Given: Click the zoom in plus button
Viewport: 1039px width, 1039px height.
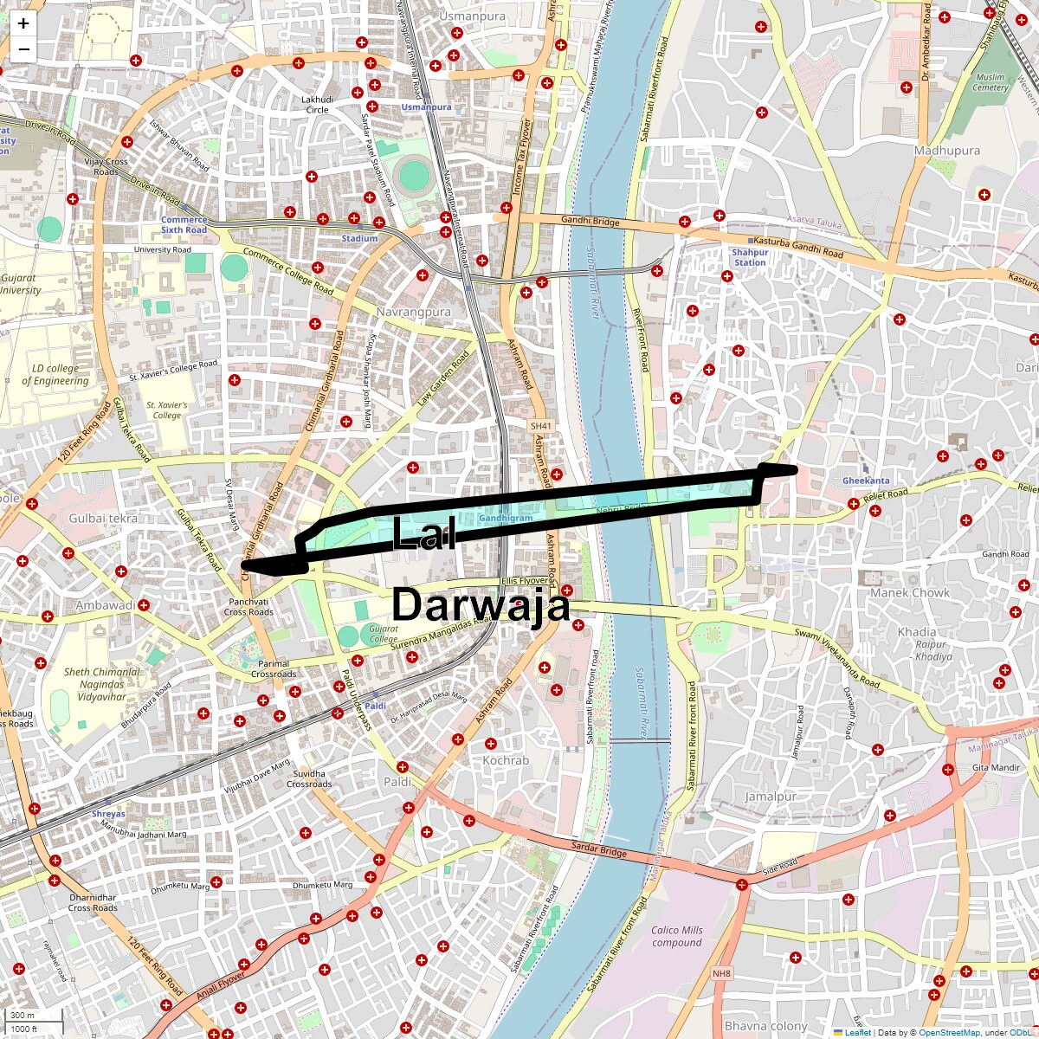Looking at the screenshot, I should coord(23,24).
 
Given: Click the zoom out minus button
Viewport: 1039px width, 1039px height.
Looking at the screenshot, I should coord(23,49).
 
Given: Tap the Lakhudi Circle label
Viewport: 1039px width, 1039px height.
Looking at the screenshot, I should coord(317,105).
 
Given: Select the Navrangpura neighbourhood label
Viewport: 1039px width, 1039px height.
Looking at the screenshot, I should coord(413,312).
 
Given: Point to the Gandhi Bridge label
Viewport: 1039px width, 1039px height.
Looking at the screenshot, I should coord(590,221).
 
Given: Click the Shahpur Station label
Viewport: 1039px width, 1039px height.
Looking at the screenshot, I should coord(750,257).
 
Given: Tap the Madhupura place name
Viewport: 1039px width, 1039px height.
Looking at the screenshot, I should coord(947,151).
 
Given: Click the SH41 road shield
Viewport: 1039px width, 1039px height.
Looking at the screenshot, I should coord(540,426).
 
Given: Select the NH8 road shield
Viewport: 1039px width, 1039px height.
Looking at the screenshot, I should coord(721,974).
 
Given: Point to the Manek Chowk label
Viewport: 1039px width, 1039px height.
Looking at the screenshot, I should coord(909,593).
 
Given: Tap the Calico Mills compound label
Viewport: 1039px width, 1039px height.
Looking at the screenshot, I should coord(677,936).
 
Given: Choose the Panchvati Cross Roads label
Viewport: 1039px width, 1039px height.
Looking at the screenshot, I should coord(248,606).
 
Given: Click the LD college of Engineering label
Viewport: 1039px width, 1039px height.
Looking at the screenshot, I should coord(56,374).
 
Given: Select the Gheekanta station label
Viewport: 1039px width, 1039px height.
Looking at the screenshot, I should coord(866,481).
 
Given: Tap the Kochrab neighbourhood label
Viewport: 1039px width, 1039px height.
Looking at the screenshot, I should coord(506,760).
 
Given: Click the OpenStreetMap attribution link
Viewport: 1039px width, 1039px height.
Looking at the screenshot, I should coord(949,1032).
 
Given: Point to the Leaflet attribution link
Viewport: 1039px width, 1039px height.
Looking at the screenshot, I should coord(857,1032).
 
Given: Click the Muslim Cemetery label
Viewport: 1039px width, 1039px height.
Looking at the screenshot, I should coord(990,82).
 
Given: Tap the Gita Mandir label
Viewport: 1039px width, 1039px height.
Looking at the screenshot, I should coord(996,768).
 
